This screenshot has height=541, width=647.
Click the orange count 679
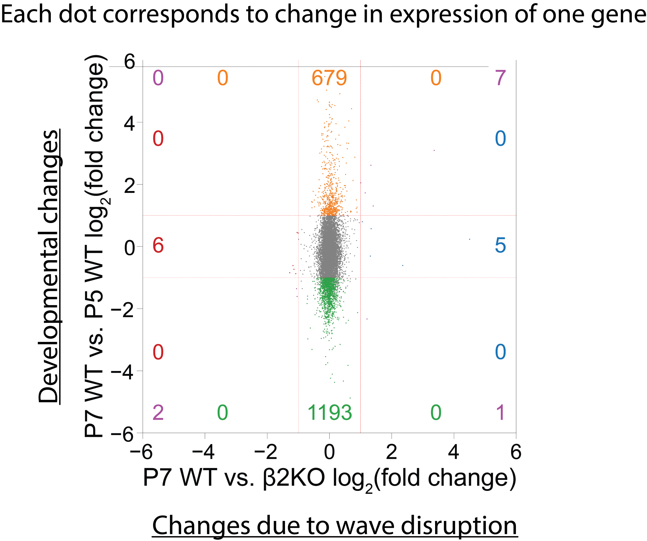pos(329,78)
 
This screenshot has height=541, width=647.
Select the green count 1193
pos(329,413)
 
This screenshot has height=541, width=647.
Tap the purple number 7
pos(500,78)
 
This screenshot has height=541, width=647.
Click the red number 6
pos(158,245)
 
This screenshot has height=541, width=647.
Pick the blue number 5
pos(500,245)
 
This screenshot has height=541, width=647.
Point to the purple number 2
pos(158,413)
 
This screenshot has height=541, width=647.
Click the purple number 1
pos(500,413)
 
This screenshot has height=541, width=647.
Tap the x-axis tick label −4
pos(203,452)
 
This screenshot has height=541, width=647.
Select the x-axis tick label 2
pos(391,452)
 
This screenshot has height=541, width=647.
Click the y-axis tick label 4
pos(130,123)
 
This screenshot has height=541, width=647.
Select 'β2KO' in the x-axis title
pos(294,478)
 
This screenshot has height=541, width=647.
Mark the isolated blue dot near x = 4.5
pos(469,239)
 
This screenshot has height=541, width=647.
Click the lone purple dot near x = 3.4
pos(434,150)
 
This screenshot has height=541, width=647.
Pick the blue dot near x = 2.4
pos(403,265)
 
